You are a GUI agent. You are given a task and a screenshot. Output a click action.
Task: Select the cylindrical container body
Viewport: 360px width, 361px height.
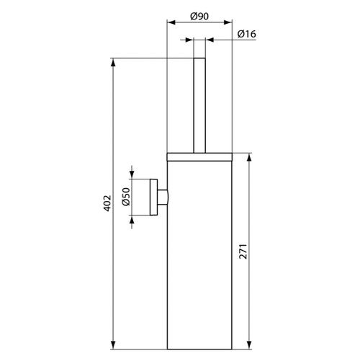pos(201,252)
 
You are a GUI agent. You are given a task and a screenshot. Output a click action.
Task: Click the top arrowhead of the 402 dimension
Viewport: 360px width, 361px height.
pos(114,61)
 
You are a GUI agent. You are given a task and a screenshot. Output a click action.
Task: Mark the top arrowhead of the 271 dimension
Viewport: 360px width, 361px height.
pos(249,156)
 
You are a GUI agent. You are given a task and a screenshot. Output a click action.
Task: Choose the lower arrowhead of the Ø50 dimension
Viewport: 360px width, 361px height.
pos(132,218)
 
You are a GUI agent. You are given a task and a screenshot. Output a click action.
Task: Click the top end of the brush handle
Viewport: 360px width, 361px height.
pos(201,58)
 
